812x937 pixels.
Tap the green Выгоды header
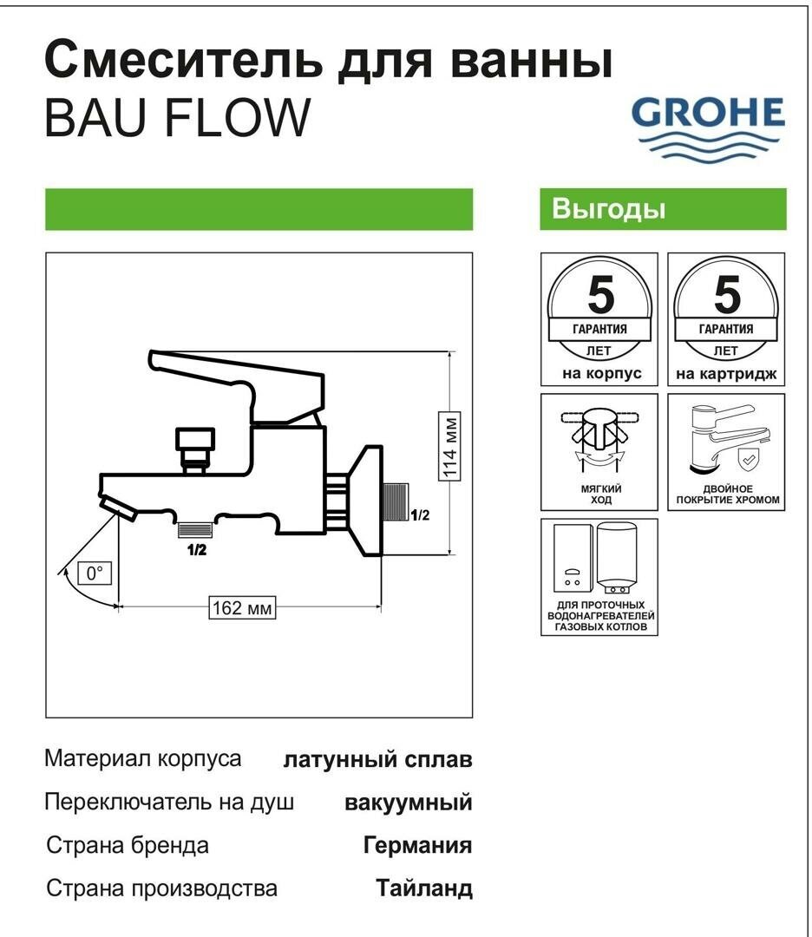pos(663,209)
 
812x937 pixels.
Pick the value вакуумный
pos(409,803)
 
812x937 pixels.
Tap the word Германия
pos(417,846)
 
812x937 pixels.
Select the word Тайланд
pos(424,889)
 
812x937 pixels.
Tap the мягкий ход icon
pos(599,451)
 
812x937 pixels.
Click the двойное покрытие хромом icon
pos(726,451)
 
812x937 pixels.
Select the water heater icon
pos(599,576)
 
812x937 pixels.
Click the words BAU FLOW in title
pos(176,118)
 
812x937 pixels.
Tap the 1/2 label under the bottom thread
pos(196,549)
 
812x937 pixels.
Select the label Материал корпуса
pos(143,759)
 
